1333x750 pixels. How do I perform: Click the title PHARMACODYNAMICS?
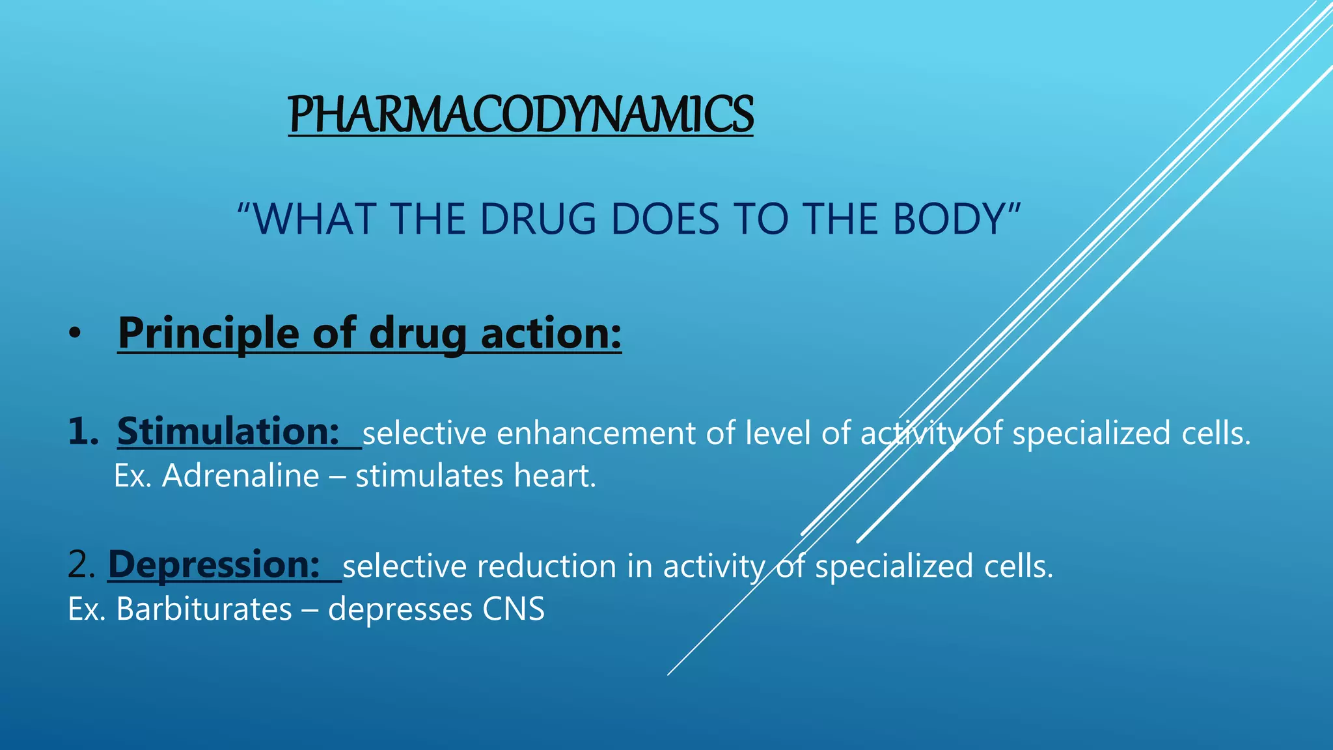pyautogui.click(x=521, y=115)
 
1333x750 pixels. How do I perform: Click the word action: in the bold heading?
pyautogui.click(x=551, y=333)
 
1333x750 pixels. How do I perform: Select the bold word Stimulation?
pyautogui.click(x=228, y=432)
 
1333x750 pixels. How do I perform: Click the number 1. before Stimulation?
pyautogui.click(x=83, y=432)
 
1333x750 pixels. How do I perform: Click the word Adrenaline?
pyautogui.click(x=241, y=476)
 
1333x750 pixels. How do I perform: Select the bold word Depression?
pyautogui.click(x=213, y=564)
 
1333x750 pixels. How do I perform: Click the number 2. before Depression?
pyautogui.click(x=81, y=564)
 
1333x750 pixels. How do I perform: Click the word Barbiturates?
pyautogui.click(x=204, y=610)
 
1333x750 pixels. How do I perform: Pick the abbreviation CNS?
pyautogui.click(x=513, y=610)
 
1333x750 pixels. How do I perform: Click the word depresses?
pyautogui.click(x=400, y=610)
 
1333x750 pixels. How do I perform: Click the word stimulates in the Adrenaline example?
pyautogui.click(x=429, y=476)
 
